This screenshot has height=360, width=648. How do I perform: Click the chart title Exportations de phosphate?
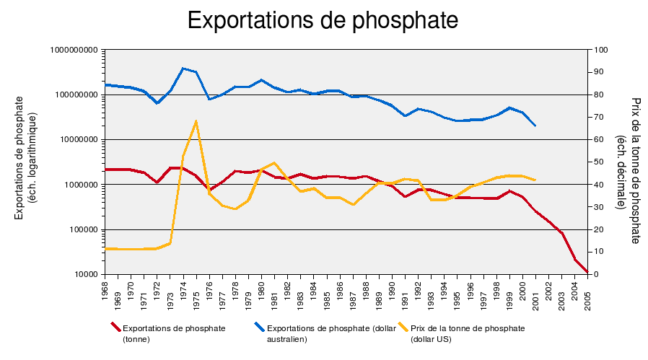pyautogui.click(x=323, y=20)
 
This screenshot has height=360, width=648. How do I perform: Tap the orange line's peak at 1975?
pyautogui.click(x=196, y=121)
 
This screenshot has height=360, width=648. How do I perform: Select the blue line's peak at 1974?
pyautogui.click(x=183, y=68)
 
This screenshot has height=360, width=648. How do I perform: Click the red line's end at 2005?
pyautogui.click(x=588, y=273)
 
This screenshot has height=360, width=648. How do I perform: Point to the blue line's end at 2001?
pyautogui.click(x=535, y=126)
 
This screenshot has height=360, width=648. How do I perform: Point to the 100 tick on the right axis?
pyautogui.click(x=600, y=50)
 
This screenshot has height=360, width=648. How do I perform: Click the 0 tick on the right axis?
pyautogui.click(x=597, y=275)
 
